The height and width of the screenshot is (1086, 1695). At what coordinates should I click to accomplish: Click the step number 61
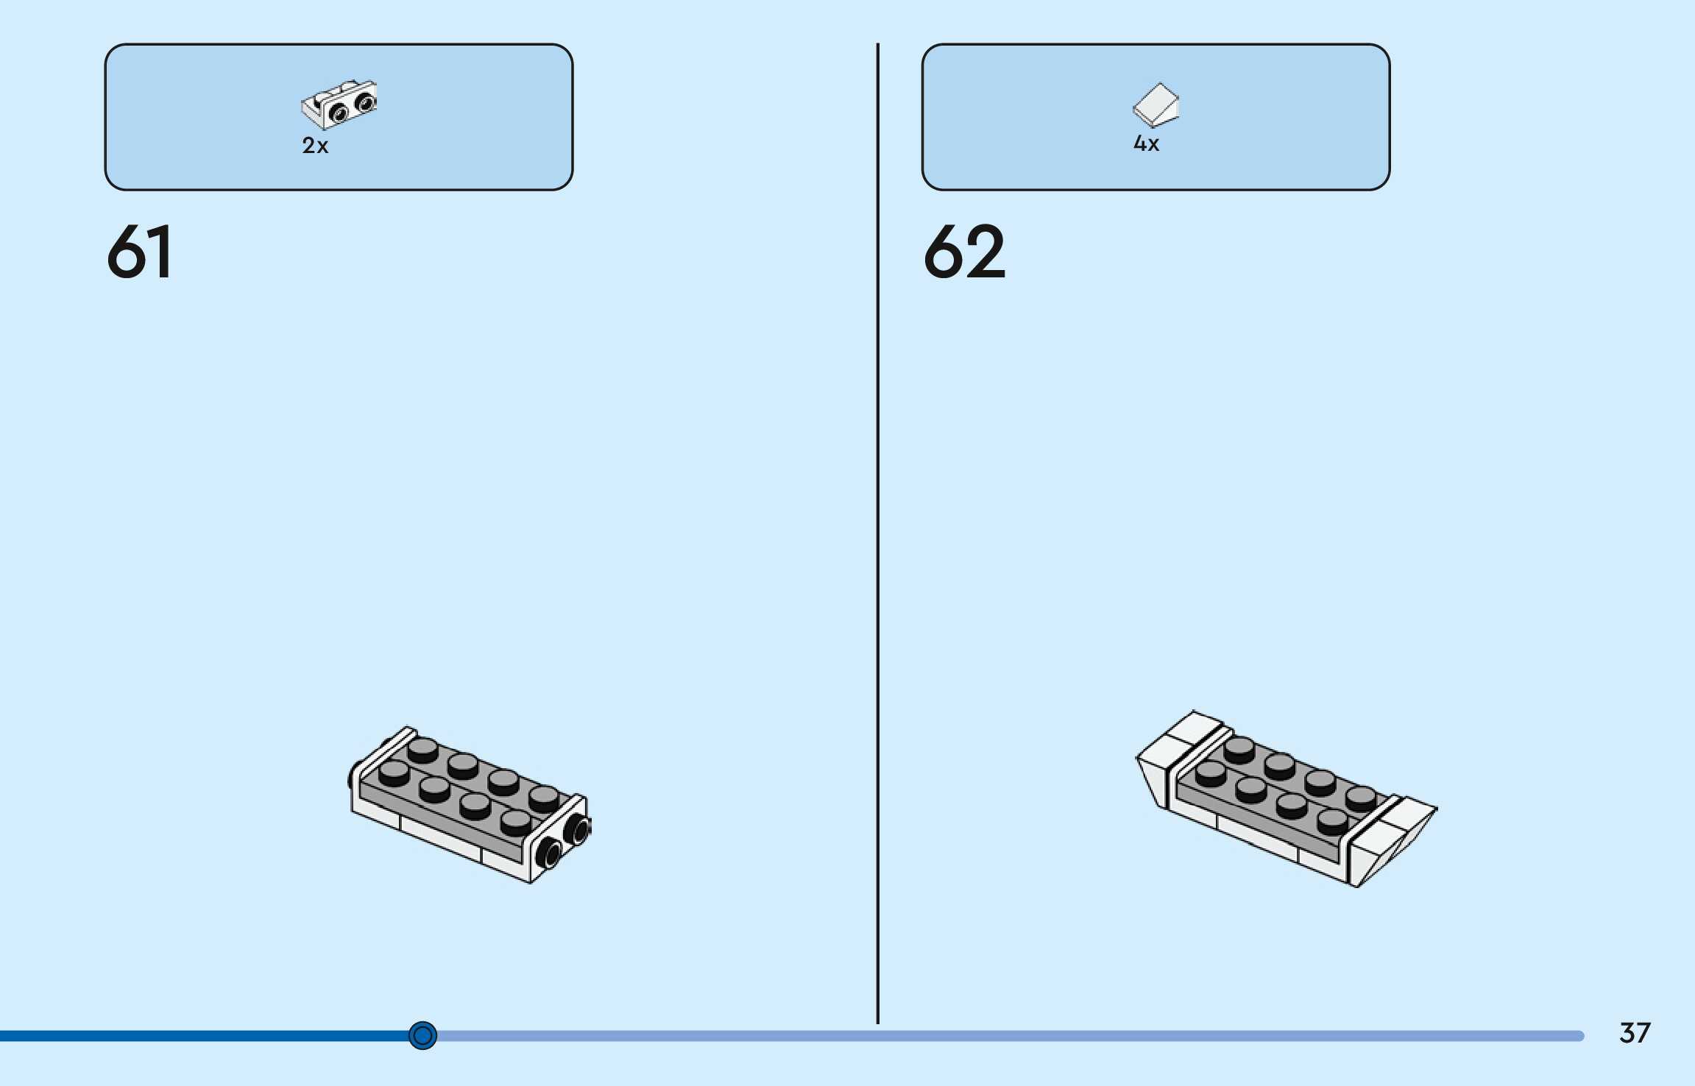pyautogui.click(x=140, y=252)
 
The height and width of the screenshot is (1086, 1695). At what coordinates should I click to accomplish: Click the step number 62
pyautogui.click(x=964, y=252)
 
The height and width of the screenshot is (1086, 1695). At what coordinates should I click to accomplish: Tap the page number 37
pyautogui.click(x=1635, y=1033)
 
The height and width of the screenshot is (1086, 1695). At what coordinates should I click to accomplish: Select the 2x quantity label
pyautogui.click(x=315, y=146)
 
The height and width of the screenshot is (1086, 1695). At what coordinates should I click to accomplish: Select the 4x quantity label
pyautogui.click(x=1146, y=143)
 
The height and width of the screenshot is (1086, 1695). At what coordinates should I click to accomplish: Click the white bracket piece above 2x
pyautogui.click(x=339, y=104)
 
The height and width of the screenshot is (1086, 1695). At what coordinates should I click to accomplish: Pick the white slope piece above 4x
pyautogui.click(x=1156, y=104)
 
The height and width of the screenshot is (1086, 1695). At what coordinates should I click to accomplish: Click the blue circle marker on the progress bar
pyautogui.click(x=422, y=1035)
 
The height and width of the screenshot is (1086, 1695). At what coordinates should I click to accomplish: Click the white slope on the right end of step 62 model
pyautogui.click(x=1391, y=839)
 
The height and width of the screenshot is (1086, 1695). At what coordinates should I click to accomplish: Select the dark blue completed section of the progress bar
pyautogui.click(x=206, y=1036)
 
